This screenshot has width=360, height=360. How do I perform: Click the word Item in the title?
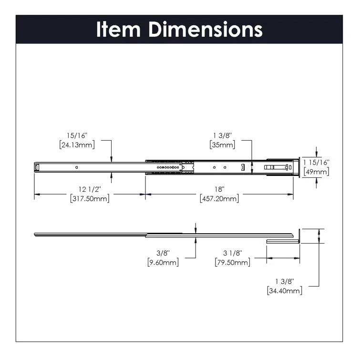tap(119, 29)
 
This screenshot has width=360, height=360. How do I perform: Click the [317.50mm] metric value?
tap(89, 198)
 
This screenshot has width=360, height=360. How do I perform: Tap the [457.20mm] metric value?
tap(219, 198)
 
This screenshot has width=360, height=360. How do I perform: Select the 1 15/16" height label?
tap(316, 163)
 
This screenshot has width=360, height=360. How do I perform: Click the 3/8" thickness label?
tap(163, 253)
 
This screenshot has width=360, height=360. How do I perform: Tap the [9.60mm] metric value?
tap(163, 262)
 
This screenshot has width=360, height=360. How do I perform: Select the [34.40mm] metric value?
tap(285, 290)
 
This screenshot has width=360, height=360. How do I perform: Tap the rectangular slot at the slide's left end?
tap(37, 167)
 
